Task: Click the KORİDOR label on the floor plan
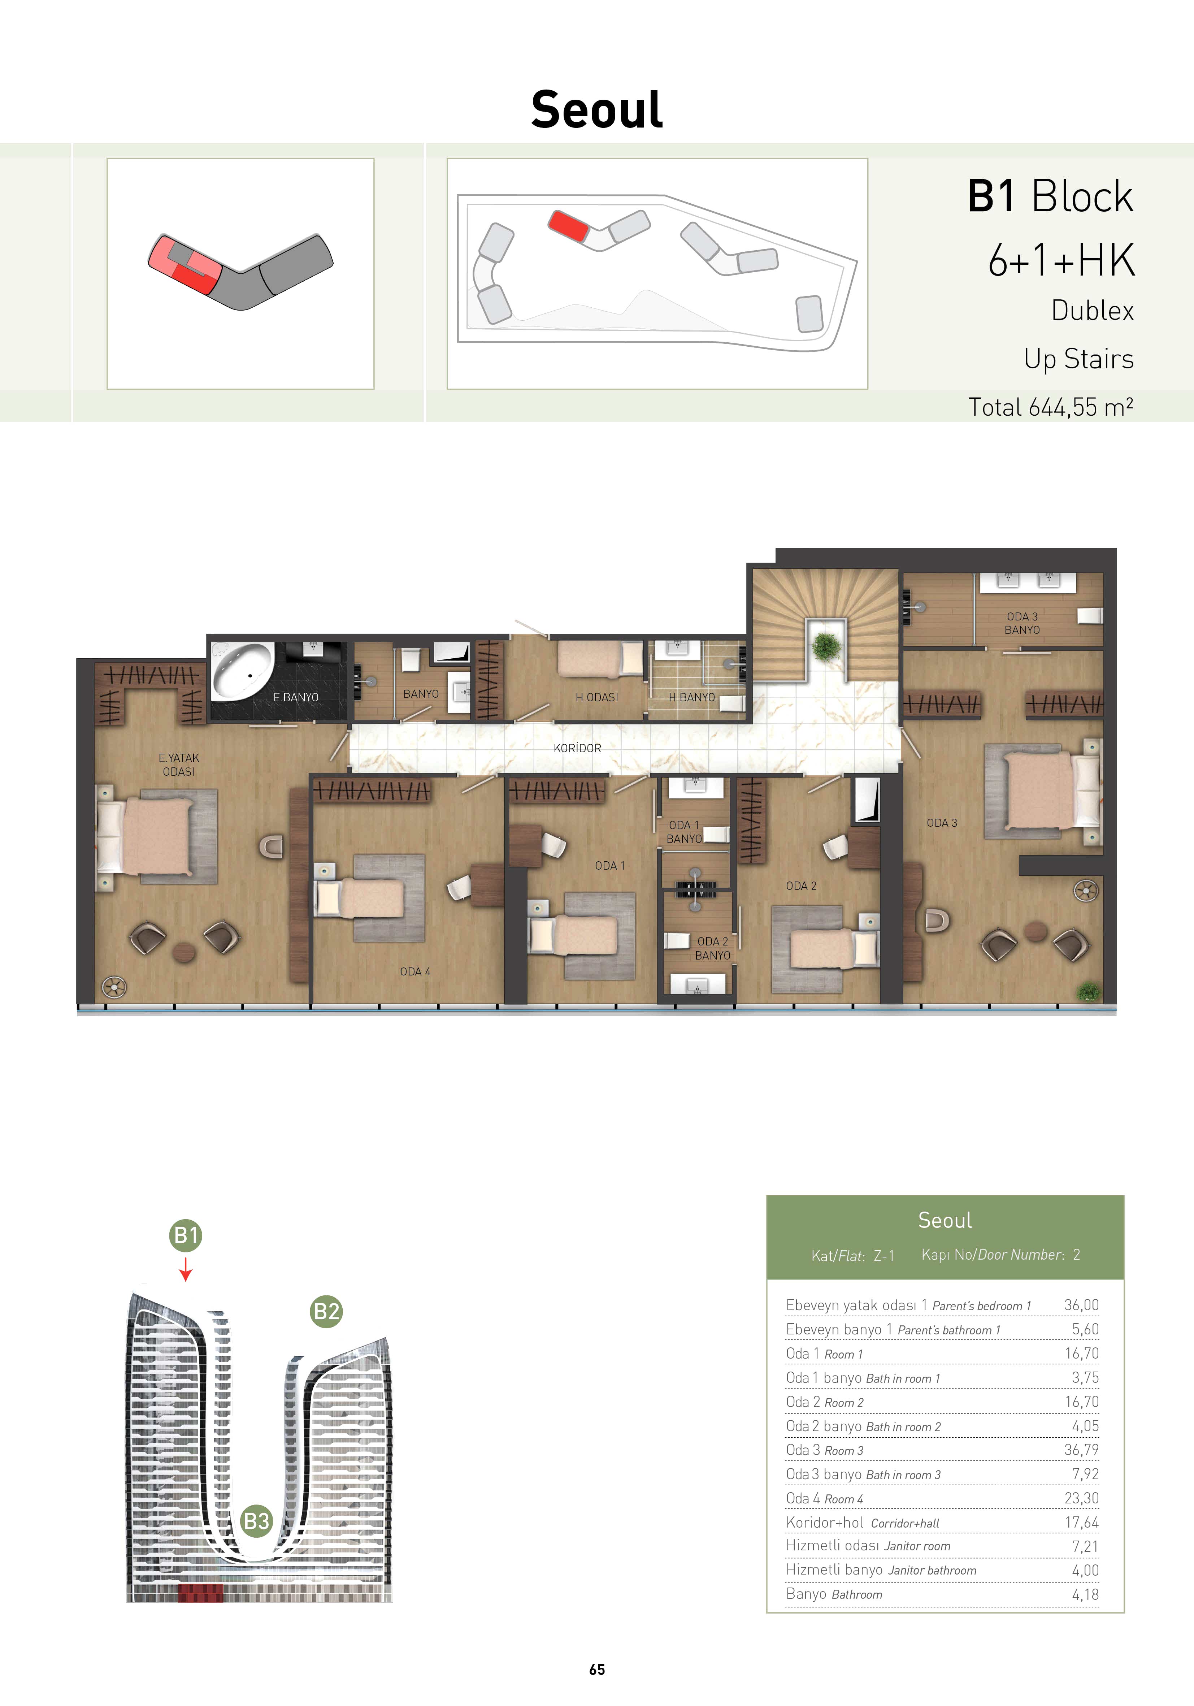(577, 748)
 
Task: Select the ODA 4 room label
(414, 971)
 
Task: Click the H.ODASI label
(596, 697)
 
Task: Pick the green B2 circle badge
(326, 1311)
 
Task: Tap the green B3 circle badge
(256, 1521)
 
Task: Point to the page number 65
(596, 1670)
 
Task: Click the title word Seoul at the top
(596, 109)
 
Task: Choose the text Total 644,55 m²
(1051, 407)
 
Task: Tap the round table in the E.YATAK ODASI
(183, 953)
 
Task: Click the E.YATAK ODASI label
(178, 765)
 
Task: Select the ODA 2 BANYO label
(712, 948)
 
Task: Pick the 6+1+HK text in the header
(1061, 260)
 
